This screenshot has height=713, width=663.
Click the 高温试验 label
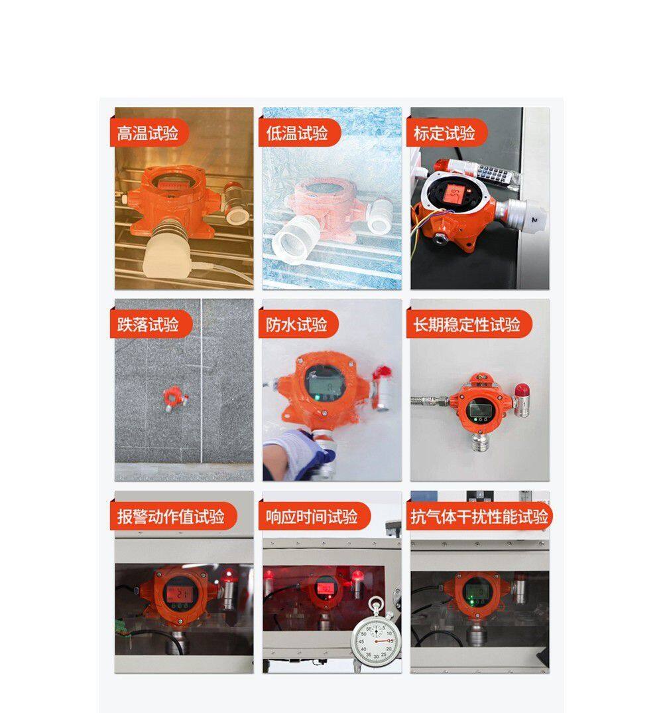pos(148,133)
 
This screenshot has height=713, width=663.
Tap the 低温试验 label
pos(297,133)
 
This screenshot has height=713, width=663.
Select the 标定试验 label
pos(445,133)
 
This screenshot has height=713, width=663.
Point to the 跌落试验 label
pos(148,325)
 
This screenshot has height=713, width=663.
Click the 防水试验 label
pos(297,325)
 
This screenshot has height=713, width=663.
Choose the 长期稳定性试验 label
pos(467,325)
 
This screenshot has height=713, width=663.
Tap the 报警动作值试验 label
pos(171,516)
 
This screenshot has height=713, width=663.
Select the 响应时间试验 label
pos(312,516)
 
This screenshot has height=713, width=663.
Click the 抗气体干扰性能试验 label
pos(479,516)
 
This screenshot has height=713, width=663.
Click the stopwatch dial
pos(374,639)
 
